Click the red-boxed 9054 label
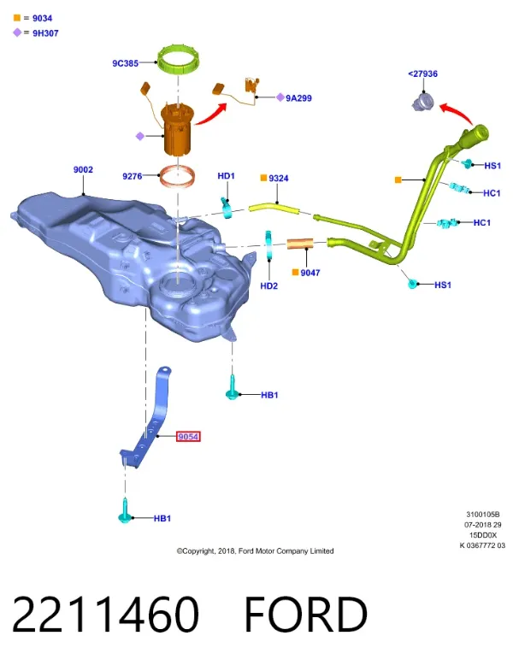[188, 437]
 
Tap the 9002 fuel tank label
[83, 170]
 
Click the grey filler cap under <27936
[423, 103]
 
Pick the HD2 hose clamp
[268, 245]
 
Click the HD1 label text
[226, 176]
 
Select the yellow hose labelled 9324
[274, 209]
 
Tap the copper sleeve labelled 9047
[300, 244]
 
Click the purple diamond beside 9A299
[280, 97]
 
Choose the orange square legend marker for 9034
[17, 18]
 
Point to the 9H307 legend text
[45, 33]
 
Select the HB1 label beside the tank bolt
[269, 395]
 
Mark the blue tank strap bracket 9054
[148, 421]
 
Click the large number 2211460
[105, 615]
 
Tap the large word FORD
[306, 615]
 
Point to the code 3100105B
[482, 515]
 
